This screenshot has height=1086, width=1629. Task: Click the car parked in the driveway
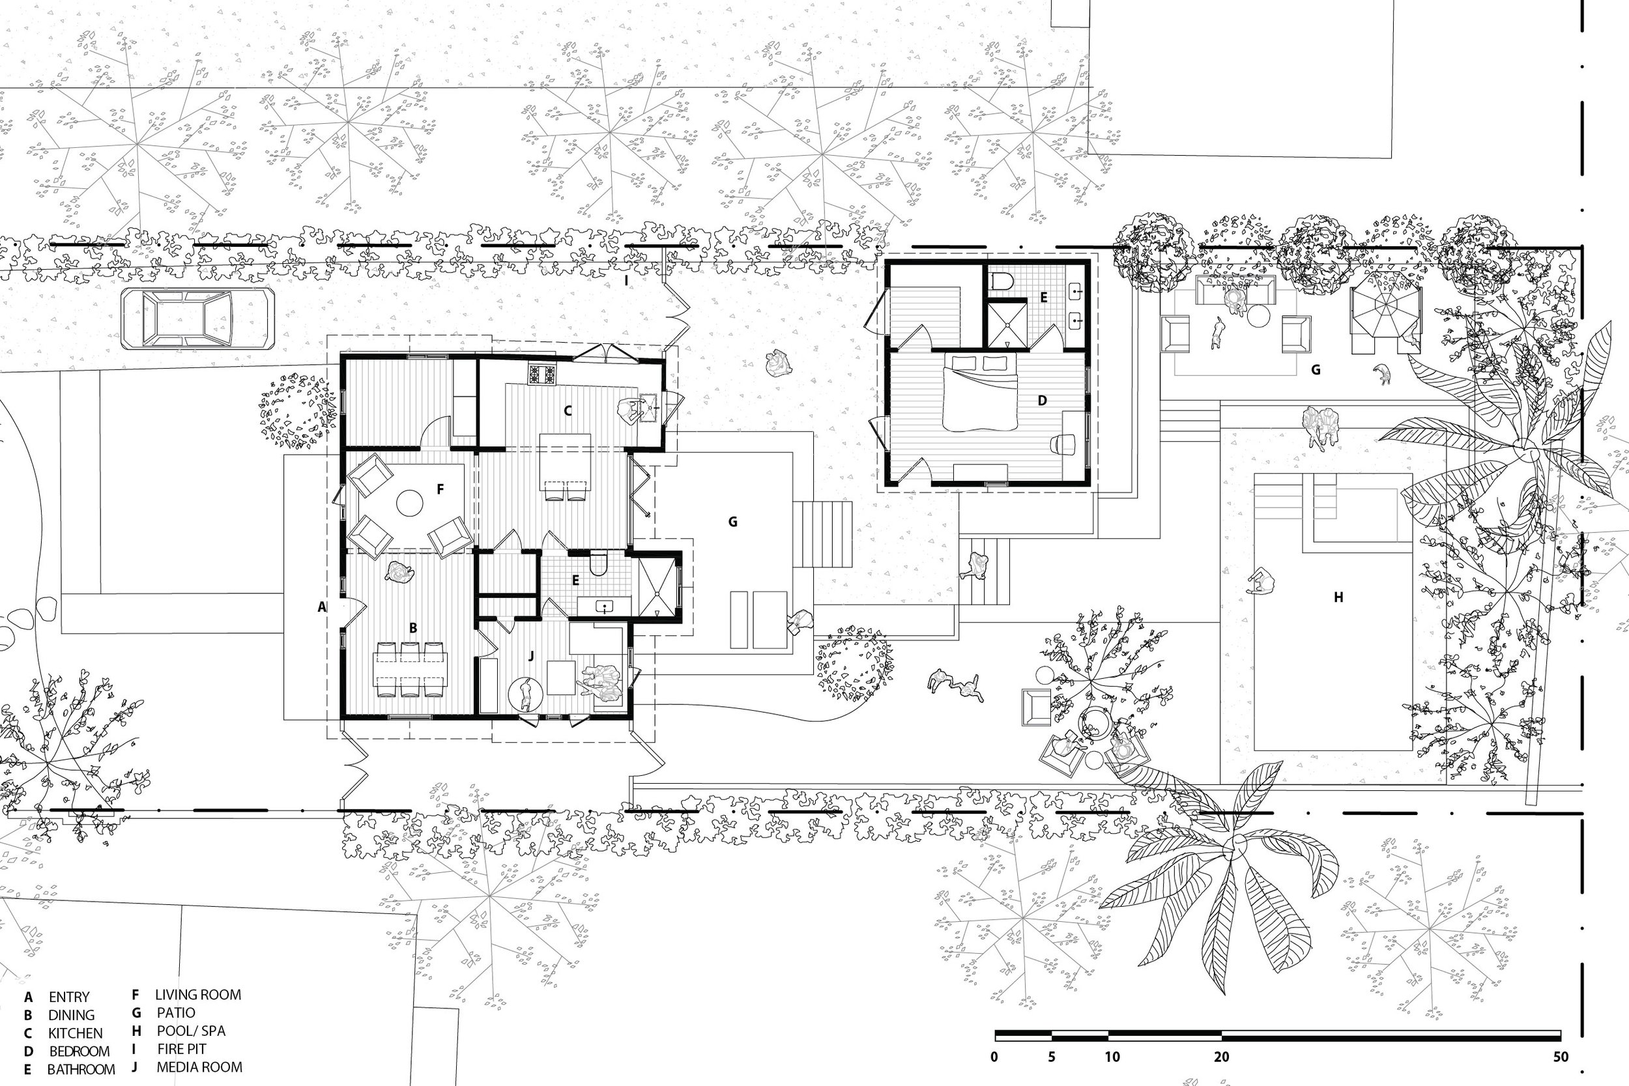(197, 319)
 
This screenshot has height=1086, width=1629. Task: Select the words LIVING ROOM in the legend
(198, 995)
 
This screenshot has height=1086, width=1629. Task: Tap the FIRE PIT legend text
(181, 1049)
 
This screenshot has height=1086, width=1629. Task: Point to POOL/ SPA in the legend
(191, 1031)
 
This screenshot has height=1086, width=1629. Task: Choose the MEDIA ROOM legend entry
(199, 1066)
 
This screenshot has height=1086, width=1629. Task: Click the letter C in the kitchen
(568, 410)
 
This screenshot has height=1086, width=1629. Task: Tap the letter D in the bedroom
(1043, 400)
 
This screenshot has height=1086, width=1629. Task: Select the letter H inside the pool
(1338, 597)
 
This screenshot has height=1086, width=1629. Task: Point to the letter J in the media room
(531, 656)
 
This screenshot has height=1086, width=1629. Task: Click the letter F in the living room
(440, 489)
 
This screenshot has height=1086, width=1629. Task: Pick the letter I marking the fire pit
(626, 281)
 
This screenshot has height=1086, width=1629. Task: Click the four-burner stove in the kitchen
(543, 374)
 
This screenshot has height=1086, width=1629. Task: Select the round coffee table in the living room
(409, 504)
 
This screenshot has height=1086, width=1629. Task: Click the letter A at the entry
(321, 607)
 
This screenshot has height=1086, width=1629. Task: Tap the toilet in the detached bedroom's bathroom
(1002, 281)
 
